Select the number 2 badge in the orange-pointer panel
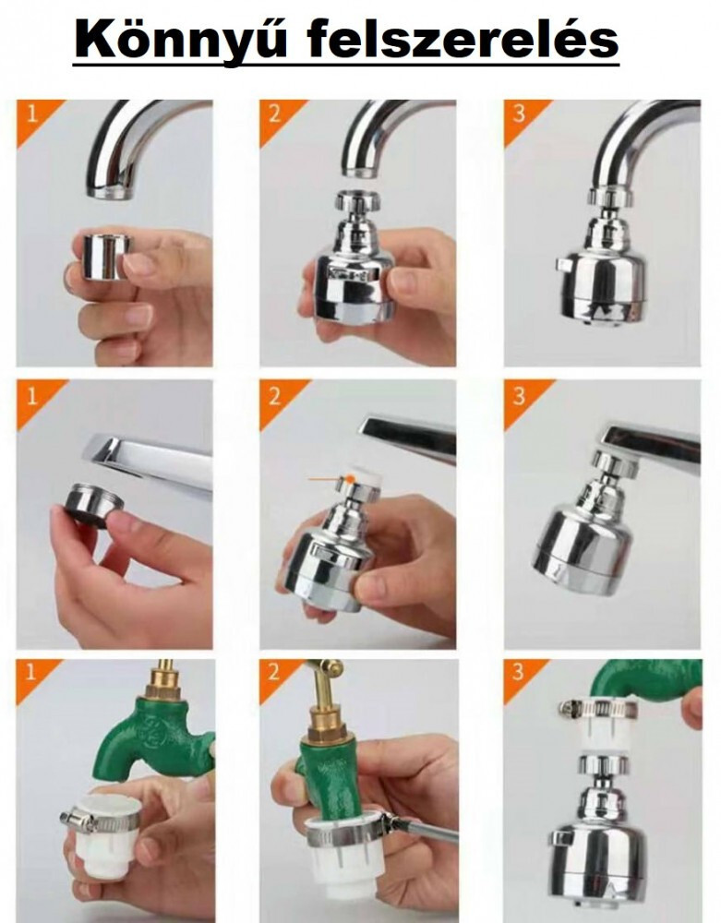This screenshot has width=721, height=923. click(x=275, y=397)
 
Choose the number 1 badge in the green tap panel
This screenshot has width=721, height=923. click(x=31, y=673)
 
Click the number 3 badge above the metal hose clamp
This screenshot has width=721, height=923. click(x=517, y=672)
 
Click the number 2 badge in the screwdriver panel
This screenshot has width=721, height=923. click(x=274, y=673)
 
